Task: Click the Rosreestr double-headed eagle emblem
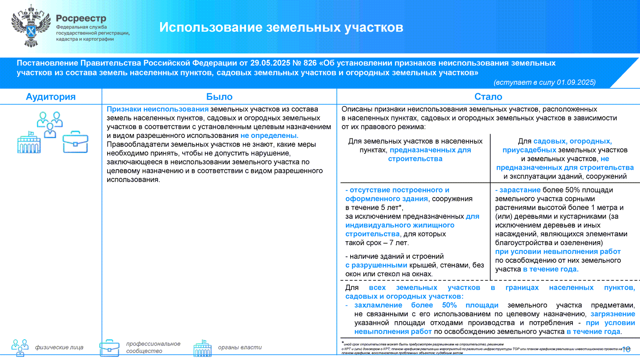click(30, 26)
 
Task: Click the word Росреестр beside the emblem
click(81, 18)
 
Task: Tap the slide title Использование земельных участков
click(281, 27)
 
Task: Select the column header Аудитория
click(50, 97)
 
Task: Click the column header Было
click(219, 97)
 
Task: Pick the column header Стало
click(488, 97)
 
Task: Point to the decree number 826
click(310, 63)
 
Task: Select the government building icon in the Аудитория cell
click(29, 142)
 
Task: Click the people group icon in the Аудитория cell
click(50, 124)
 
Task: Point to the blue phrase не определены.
click(269, 136)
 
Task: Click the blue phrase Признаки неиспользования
click(158, 109)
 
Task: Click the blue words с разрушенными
click(376, 265)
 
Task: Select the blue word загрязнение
click(612, 314)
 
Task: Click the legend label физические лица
click(59, 347)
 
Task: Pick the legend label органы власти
click(240, 347)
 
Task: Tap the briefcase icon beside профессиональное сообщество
click(109, 347)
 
